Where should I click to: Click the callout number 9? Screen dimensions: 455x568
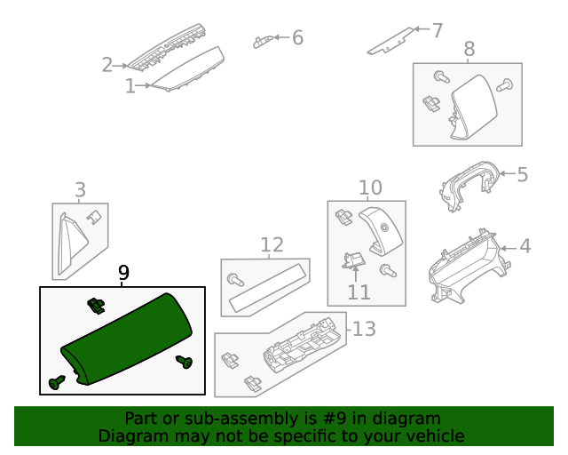[123, 273]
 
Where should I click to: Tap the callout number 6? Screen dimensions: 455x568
[297, 37]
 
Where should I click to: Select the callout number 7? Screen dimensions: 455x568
[437, 30]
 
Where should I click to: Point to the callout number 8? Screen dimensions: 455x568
[469, 50]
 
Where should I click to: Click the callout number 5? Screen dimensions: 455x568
[522, 174]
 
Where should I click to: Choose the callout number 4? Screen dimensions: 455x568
[525, 245]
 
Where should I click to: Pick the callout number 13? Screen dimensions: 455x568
[365, 330]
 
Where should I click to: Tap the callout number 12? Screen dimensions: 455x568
[272, 245]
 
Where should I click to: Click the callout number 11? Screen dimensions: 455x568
[359, 291]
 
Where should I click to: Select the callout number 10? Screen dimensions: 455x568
[370, 188]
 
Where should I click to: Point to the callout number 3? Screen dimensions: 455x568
[80, 189]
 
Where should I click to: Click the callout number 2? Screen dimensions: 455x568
[107, 65]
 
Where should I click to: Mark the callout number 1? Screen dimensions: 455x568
[130, 86]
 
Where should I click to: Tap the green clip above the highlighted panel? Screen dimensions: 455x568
[93, 306]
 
